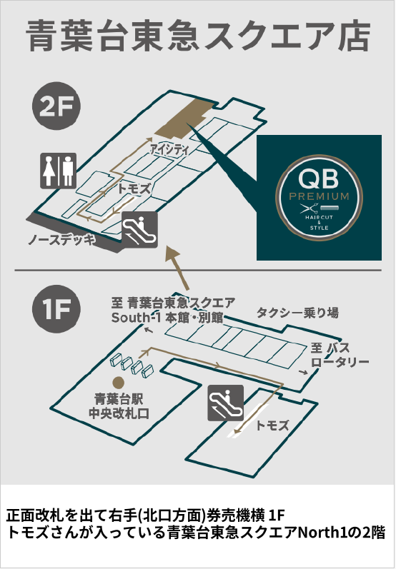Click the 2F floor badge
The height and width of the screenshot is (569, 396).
56,106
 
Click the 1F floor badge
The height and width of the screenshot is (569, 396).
56,308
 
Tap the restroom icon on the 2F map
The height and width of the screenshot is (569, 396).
58,170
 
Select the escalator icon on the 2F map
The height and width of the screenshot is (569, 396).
140,230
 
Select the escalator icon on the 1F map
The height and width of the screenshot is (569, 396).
226,403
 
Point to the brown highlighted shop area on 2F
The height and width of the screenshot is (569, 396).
184,117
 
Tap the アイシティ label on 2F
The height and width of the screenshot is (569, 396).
169,149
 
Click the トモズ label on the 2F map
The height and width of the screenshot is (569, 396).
134,189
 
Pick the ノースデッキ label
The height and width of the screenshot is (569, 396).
61,239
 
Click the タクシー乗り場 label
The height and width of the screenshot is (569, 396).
298,313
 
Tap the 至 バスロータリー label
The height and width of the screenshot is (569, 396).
340,355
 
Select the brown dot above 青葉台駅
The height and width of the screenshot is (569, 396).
119,382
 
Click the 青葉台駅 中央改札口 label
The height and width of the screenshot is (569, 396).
119,406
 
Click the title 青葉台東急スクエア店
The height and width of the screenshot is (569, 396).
198,36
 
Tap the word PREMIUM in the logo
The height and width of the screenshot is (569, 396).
319,196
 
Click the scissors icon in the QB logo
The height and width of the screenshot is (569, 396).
310,208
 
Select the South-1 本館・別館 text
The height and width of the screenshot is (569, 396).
167,318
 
